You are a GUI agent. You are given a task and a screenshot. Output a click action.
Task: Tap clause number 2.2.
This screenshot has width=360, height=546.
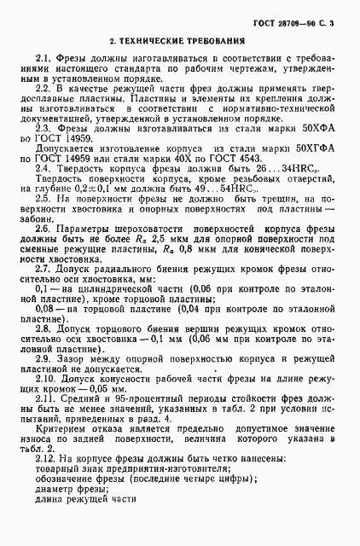[x=45, y=89]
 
